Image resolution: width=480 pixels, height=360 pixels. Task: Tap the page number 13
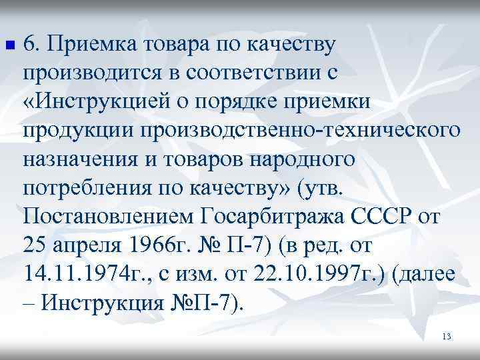[447, 337]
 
